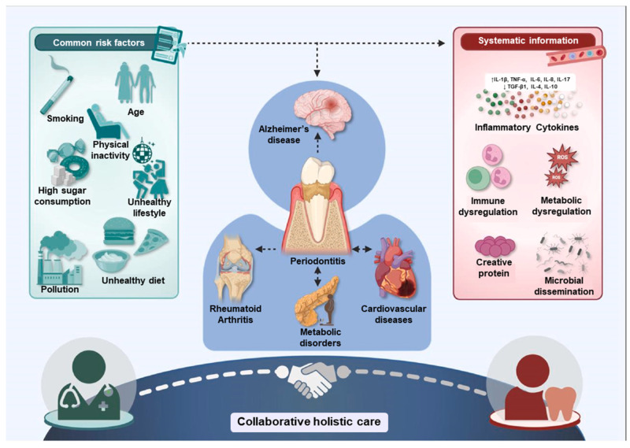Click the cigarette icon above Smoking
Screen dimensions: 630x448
pyautogui.click(x=57, y=91)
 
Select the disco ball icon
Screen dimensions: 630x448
pyautogui.click(x=142, y=152)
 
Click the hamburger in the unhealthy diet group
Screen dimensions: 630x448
pyautogui.click(x=119, y=231)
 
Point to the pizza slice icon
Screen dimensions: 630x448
pyautogui.click(x=151, y=242)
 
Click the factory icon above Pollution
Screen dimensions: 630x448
pyautogui.click(x=61, y=258)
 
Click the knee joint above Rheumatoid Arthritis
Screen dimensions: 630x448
pyautogui.click(x=234, y=269)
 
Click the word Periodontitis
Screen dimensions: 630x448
pyautogui.click(x=317, y=261)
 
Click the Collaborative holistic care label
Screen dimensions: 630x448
pyautogui.click(x=309, y=421)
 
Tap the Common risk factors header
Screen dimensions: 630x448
pyautogui.click(x=99, y=43)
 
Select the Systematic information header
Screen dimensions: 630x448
pyautogui.click(x=528, y=41)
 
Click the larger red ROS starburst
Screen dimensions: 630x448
pyautogui.click(x=562, y=158)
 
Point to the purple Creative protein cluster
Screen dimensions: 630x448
pyautogui.click(x=495, y=246)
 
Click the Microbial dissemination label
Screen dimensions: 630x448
pyautogui.click(x=564, y=286)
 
